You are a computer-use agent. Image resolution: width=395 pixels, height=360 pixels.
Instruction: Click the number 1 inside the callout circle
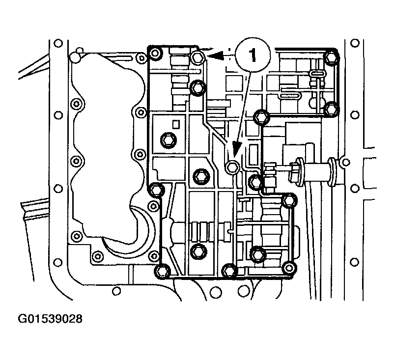253,55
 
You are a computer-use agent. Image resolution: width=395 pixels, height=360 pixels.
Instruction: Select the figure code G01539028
50,319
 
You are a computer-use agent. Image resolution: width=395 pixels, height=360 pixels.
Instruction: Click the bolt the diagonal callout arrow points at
232,167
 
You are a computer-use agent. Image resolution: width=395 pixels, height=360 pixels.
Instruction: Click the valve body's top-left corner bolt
154,54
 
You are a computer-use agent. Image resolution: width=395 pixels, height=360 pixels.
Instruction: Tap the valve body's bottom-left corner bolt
162,271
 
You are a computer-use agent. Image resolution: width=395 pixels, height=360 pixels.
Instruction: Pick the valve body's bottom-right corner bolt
289,268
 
